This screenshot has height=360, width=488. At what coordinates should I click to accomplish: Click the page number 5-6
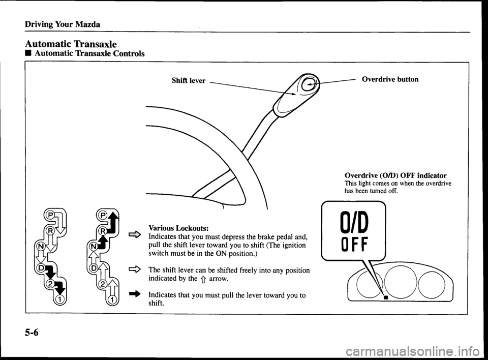30,334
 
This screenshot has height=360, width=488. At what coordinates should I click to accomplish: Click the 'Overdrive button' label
390,80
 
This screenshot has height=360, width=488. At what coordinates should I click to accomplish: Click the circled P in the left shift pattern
49,214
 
